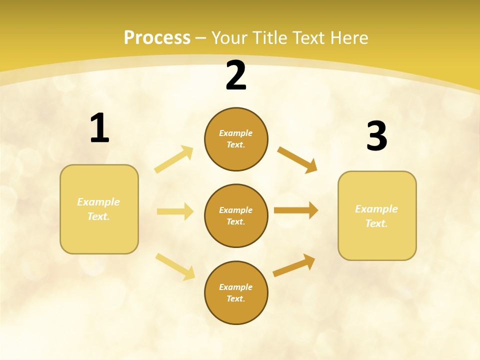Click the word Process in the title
click(157, 38)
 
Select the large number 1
click(99, 129)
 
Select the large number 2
click(236, 76)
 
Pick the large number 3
click(376, 137)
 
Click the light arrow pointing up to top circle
click(174, 159)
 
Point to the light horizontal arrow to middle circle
click(175, 211)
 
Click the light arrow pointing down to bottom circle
click(175, 266)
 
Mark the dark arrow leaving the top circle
click(297, 160)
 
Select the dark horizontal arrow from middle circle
click(296, 210)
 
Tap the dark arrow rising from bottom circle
click(294, 265)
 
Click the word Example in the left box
click(98, 202)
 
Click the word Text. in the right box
click(376, 223)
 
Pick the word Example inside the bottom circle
click(236, 287)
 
